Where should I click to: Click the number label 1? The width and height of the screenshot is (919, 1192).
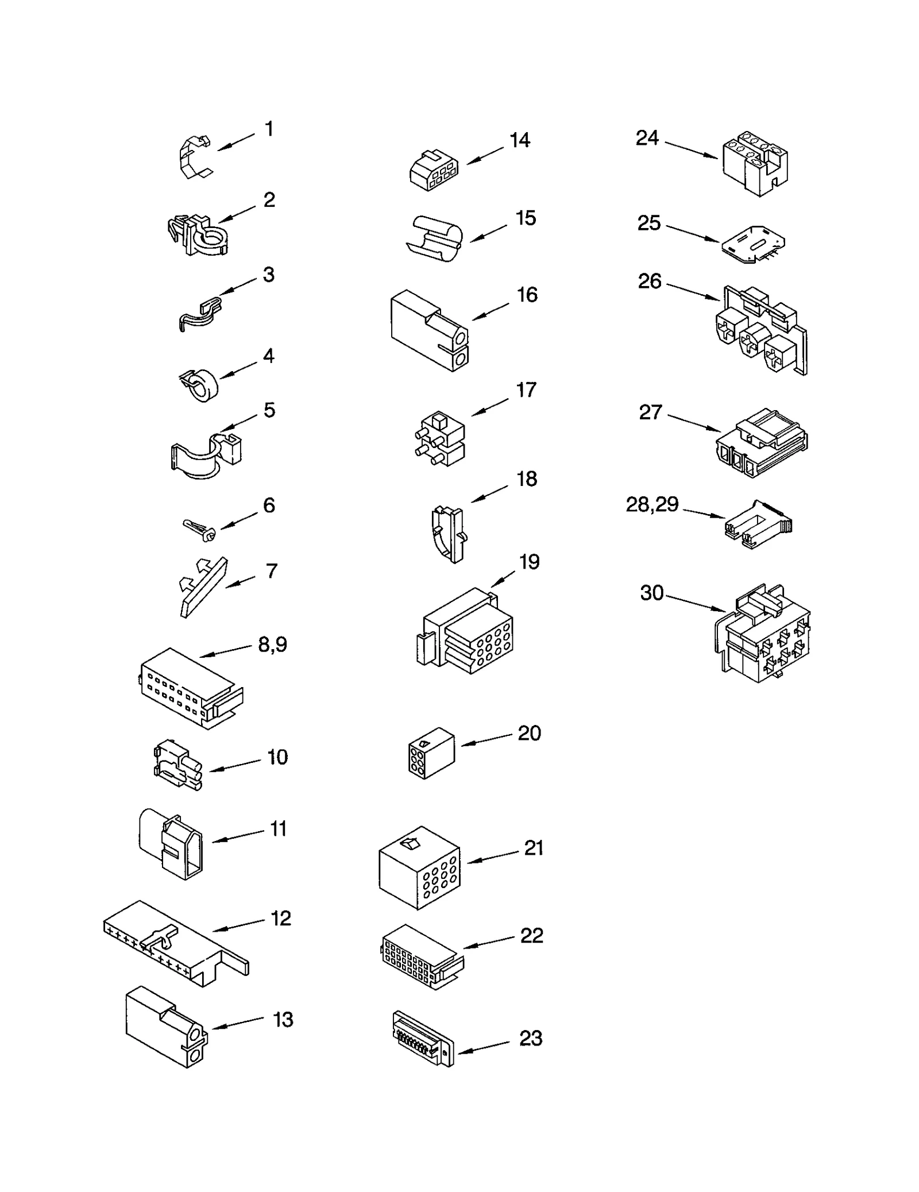click(269, 129)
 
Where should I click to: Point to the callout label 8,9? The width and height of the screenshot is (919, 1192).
click(272, 645)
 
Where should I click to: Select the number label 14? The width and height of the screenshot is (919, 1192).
click(520, 140)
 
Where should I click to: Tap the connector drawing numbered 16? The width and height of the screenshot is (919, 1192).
click(428, 331)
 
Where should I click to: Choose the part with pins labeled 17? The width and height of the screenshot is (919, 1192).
click(439, 439)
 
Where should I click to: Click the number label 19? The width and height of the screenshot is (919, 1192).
click(530, 562)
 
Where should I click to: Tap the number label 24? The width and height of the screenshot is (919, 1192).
click(647, 138)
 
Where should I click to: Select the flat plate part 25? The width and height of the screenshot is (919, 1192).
click(753, 244)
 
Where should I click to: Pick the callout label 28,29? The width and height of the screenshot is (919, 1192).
click(652, 504)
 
